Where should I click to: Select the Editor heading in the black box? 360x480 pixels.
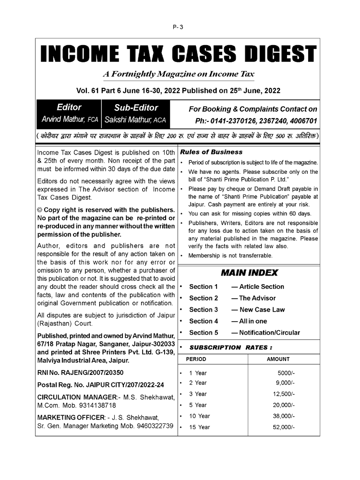click(x=69, y=108)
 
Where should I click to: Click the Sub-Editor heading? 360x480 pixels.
click(x=136, y=108)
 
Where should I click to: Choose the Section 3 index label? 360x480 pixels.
click(x=204, y=310)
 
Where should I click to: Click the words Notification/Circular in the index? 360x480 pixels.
click(x=269, y=333)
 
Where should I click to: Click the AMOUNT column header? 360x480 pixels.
click(x=278, y=359)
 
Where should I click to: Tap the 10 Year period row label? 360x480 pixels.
click(x=199, y=416)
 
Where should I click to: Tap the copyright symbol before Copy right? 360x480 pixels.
click(x=39, y=210)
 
